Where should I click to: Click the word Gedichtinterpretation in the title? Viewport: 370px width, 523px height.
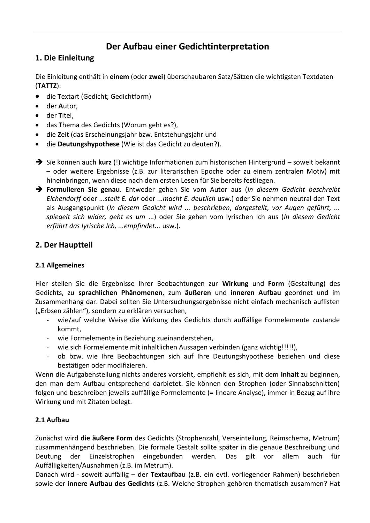click(x=224, y=47)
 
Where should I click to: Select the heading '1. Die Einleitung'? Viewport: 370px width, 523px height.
click(x=65, y=58)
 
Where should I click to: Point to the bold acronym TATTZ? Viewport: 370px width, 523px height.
click(x=46, y=86)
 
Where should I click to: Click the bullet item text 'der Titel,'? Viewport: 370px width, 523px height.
click(x=60, y=115)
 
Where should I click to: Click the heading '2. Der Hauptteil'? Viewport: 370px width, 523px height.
click(x=64, y=245)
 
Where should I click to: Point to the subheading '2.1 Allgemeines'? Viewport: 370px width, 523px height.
click(x=60, y=265)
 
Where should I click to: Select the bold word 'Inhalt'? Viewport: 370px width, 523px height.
click(x=289, y=374)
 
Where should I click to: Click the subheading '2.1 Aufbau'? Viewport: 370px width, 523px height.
click(x=52, y=420)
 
